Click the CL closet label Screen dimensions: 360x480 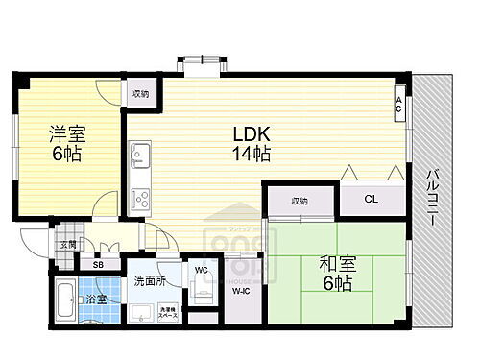coord(370,201)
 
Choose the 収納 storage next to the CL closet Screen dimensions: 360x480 coord(300,201)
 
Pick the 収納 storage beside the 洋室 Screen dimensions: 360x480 coord(141,93)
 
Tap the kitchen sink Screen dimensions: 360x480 coord(140,154)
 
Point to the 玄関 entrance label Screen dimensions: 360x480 coord(67,246)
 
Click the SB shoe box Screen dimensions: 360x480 coord(98,264)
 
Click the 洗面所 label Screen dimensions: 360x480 coord(151,281)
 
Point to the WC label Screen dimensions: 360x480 coord(203,270)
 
